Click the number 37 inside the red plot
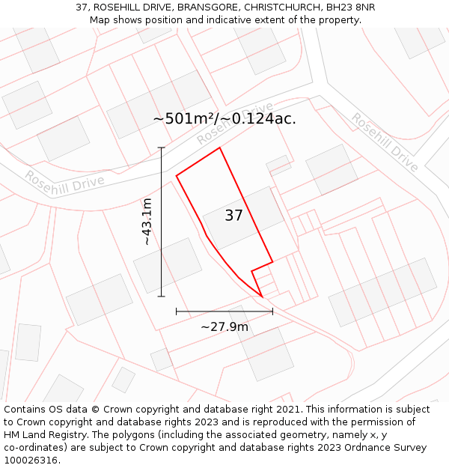[x=233, y=216]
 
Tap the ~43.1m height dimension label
[x=147, y=222]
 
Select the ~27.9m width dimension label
[x=224, y=326]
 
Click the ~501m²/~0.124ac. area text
[x=224, y=118]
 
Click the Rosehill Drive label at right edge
[x=385, y=142]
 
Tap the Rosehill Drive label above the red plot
[x=235, y=124]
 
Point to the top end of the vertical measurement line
[x=162, y=148]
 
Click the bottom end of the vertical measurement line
[x=162, y=297]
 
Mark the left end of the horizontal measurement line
[x=176, y=311]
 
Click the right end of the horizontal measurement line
[x=272, y=311]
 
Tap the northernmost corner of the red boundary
[x=219, y=148]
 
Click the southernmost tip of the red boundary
[x=261, y=297]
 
